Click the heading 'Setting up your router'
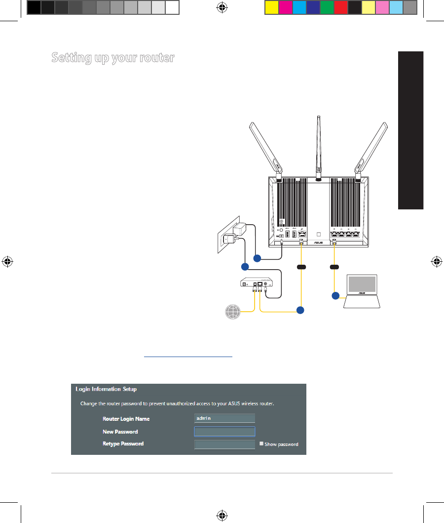[113, 58]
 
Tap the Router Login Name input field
[224, 418]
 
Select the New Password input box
[224, 431]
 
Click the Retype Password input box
[224, 444]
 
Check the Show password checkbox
[261, 444]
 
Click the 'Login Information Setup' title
[106, 389]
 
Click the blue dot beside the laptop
[335, 296]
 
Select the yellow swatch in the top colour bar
[271, 7]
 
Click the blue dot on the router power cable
[257, 258]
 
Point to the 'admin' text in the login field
[203, 418]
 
